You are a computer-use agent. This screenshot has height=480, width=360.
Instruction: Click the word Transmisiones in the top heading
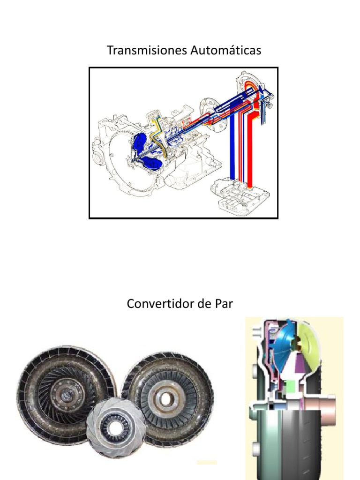[147, 50]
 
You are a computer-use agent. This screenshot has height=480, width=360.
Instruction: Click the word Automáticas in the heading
[226, 50]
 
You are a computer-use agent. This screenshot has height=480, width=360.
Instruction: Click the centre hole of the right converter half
[166, 399]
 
